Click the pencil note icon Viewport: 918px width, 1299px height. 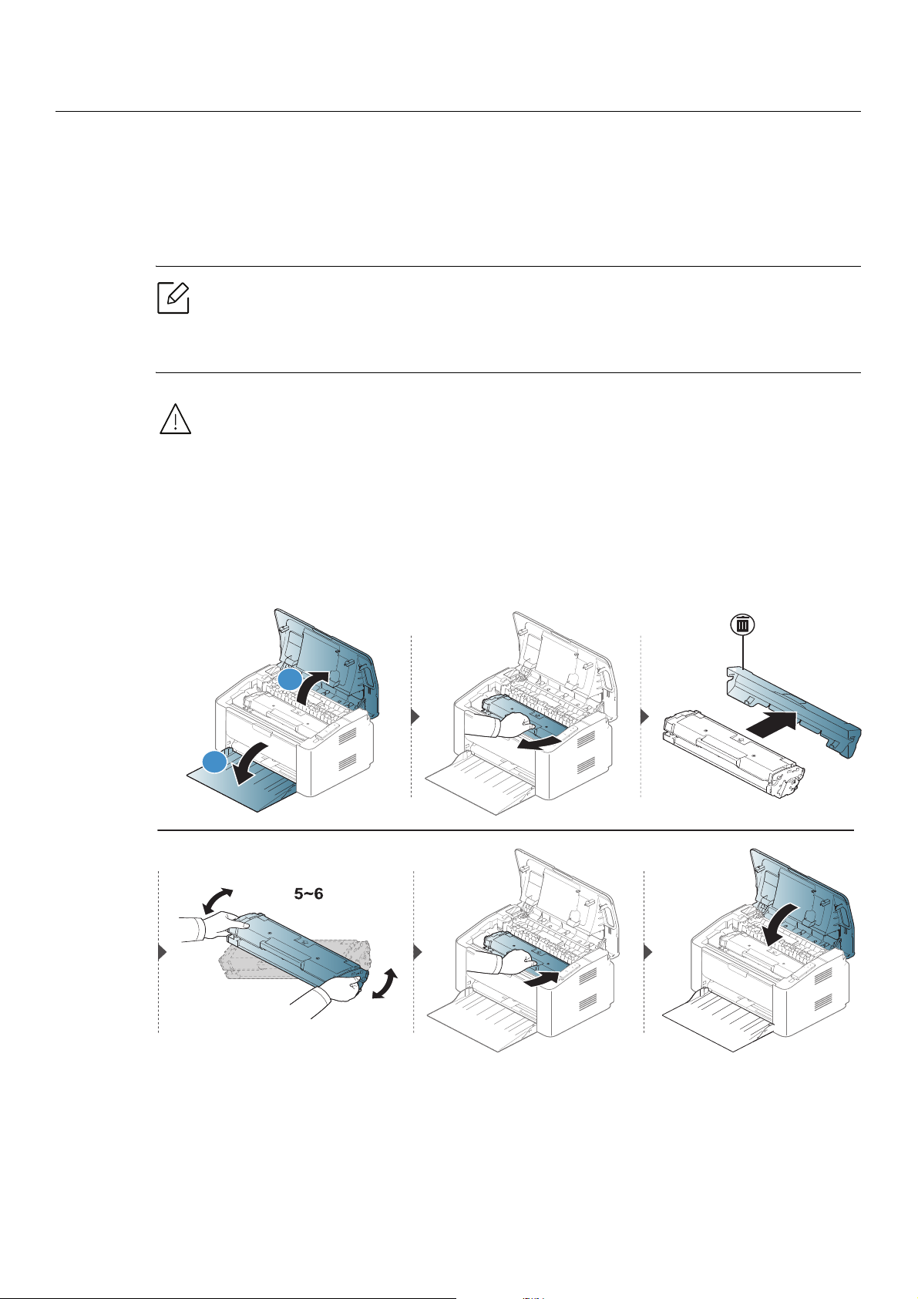[x=173, y=298]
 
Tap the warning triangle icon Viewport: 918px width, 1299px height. [x=175, y=419]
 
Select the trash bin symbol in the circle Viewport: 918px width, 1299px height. [x=742, y=624]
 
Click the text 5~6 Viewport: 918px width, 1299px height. [x=308, y=893]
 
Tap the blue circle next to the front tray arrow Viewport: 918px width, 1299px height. [x=214, y=762]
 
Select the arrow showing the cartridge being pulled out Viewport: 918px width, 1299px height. [x=540, y=743]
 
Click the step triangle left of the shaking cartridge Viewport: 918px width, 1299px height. [x=163, y=951]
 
